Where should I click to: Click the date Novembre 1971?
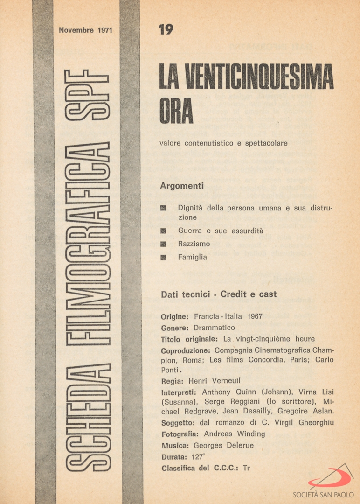(x=86, y=30)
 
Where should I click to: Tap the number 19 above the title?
(x=166, y=29)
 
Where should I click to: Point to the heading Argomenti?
(x=182, y=186)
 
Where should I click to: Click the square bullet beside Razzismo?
(x=163, y=244)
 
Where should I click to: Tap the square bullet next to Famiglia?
(x=163, y=258)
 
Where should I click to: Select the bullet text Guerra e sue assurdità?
(x=221, y=231)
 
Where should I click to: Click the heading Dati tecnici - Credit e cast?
(x=219, y=294)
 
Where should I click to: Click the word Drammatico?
(x=214, y=328)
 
